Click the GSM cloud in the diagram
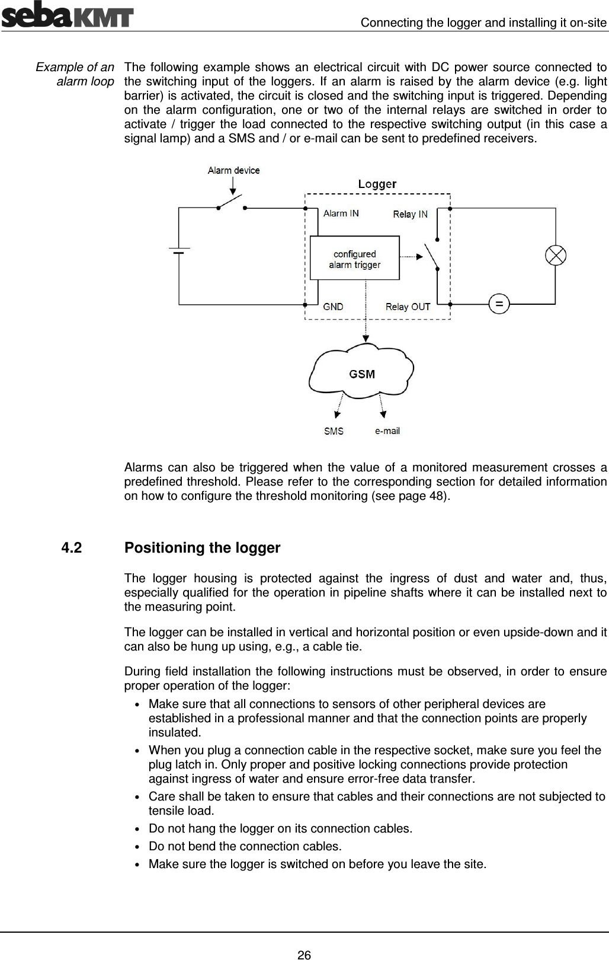coord(361,374)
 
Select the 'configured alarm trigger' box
coord(355,259)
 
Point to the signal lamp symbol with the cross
coord(555,256)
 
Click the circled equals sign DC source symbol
coord(499,304)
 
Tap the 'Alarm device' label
coord(233,170)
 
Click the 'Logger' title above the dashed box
coord(377,184)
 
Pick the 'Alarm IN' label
coord(341,213)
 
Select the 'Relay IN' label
coord(410,214)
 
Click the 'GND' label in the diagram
coord(333,307)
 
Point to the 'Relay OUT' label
coord(408,307)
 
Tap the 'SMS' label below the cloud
coord(334,431)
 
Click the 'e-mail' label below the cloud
coord(387,430)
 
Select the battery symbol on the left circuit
coord(179,251)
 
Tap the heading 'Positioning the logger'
coord(202,548)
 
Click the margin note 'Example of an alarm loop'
coord(75,74)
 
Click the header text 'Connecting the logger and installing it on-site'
coord(483,23)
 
